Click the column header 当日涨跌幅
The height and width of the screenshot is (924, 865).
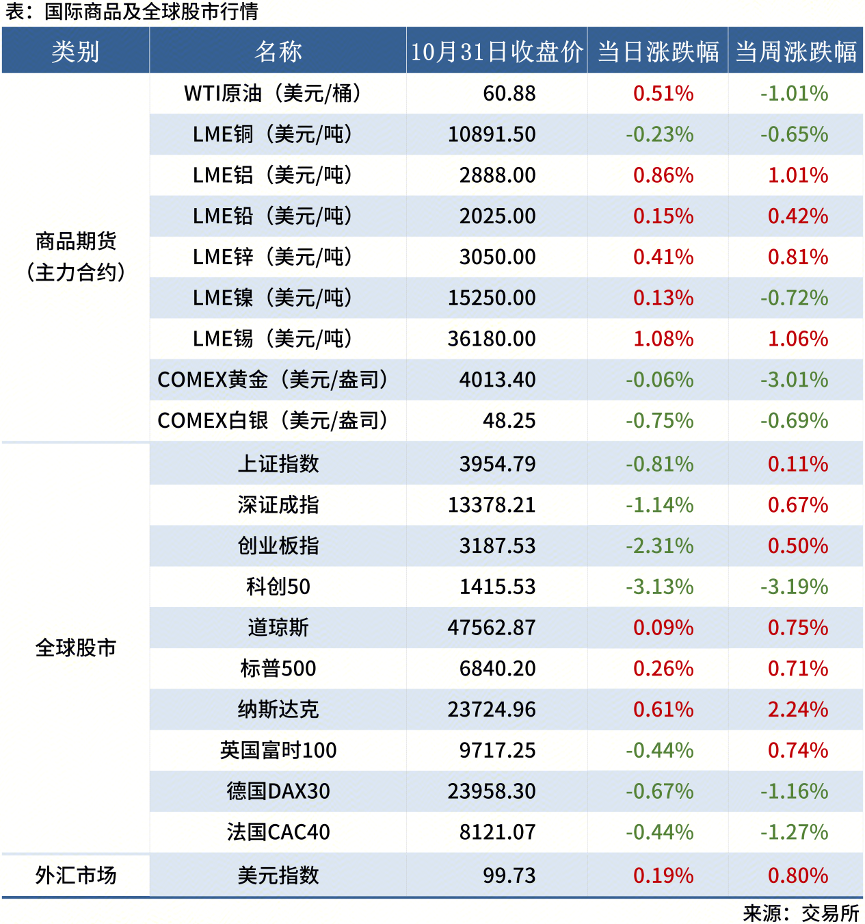tap(658, 51)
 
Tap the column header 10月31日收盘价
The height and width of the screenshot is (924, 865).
tap(497, 51)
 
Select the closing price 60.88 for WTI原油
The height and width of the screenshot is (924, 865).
tap(509, 94)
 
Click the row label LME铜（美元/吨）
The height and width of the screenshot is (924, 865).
tap(272, 134)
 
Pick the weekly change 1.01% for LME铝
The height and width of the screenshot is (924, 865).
tap(798, 175)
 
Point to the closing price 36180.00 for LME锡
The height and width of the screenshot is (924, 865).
tap(492, 339)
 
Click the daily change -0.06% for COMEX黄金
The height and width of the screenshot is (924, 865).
tap(659, 380)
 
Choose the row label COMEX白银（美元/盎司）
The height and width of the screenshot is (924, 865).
tap(272, 420)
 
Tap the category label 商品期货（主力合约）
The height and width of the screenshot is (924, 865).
tap(76, 257)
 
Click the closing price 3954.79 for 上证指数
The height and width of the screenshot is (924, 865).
tap(497, 464)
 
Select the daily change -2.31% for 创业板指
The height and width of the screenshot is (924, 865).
tap(659, 546)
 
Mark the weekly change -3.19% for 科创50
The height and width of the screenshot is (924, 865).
tap(794, 587)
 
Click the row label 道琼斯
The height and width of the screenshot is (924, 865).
tap(278, 628)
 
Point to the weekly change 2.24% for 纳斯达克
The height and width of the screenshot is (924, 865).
tap(798, 709)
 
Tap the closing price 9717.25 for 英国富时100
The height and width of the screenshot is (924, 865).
tap(497, 750)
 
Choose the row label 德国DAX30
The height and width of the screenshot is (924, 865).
tap(278, 791)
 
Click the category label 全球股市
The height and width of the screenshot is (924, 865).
tap(76, 647)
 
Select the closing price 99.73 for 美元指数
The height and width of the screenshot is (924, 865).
tap(509, 875)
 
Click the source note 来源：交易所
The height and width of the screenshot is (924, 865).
tap(801, 913)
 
